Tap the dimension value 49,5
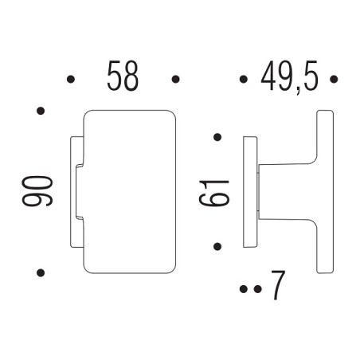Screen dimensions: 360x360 289,77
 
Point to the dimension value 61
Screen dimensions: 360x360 216,192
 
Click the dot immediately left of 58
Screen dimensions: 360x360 71,79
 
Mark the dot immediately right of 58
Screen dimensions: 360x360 174,79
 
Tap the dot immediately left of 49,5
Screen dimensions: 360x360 242,79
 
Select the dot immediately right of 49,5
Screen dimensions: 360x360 335,79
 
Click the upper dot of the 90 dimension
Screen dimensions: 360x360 40,110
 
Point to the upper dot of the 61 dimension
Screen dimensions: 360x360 217,137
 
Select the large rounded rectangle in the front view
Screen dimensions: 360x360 127,191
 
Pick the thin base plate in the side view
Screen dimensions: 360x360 249,191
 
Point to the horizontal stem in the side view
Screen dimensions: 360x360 287,191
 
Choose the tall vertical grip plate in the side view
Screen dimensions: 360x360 325,191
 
